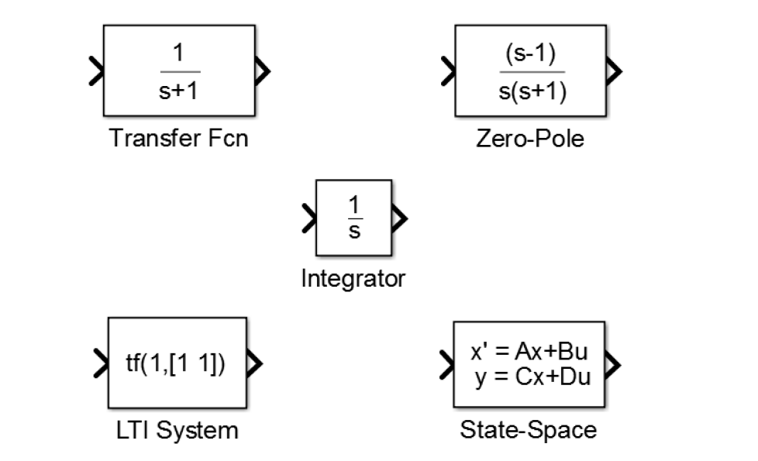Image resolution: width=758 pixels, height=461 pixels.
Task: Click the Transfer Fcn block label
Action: pyautogui.click(x=178, y=140)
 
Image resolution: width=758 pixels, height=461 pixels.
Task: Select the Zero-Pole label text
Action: pyautogui.click(x=530, y=140)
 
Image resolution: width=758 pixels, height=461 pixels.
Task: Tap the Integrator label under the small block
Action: pyautogui.click(x=353, y=278)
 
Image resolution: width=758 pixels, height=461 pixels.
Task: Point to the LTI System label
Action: pyautogui.click(x=177, y=430)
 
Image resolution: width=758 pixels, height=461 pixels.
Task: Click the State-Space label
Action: pyautogui.click(x=529, y=430)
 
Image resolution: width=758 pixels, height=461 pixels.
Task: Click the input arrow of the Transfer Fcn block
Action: pyautogui.click(x=96, y=71)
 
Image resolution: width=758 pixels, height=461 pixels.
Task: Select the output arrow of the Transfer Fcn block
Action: pyautogui.click(x=263, y=71)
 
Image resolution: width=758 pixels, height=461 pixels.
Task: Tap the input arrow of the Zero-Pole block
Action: pyautogui.click(x=448, y=71)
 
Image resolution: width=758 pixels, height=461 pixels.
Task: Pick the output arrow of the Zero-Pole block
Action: pyautogui.click(x=614, y=71)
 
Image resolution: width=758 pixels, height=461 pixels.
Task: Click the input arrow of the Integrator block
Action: pyautogui.click(x=308, y=218)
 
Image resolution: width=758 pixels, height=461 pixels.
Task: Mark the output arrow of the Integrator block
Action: pyautogui.click(x=399, y=218)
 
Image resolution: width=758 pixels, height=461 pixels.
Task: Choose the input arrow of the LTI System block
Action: pyautogui.click(x=101, y=363)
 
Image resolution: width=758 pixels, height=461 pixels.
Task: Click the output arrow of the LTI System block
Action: pyautogui.click(x=254, y=363)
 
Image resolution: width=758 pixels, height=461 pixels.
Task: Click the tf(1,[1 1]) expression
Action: pyautogui.click(x=177, y=363)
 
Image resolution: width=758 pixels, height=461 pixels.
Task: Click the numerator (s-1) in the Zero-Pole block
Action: pyautogui.click(x=530, y=56)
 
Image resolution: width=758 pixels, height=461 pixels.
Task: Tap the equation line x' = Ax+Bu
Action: pyautogui.click(x=529, y=353)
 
